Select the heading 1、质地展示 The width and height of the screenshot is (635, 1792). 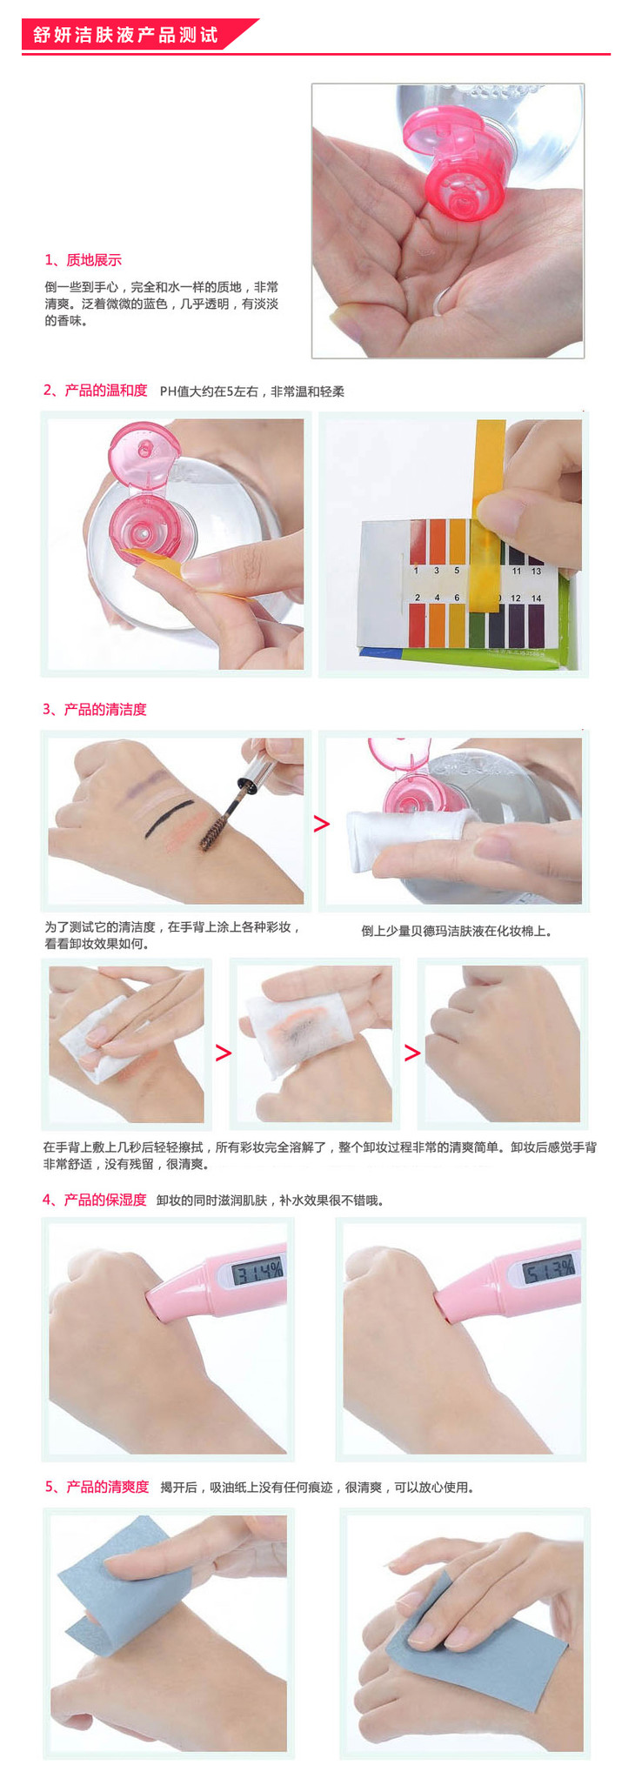point(84,260)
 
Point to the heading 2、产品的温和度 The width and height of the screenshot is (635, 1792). point(95,391)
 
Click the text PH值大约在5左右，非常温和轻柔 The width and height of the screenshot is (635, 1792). point(252,391)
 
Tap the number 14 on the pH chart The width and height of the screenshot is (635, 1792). point(536,598)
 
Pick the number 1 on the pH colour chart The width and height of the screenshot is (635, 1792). point(417,571)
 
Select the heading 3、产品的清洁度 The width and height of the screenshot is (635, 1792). point(95,710)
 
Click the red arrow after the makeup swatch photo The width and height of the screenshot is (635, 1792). point(322,823)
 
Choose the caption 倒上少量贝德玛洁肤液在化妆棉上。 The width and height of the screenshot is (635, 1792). point(457,931)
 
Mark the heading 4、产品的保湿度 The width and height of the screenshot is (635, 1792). point(95,1200)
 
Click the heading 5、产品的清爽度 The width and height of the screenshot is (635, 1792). point(97,1488)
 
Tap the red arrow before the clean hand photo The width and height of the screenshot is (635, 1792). point(412,1053)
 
